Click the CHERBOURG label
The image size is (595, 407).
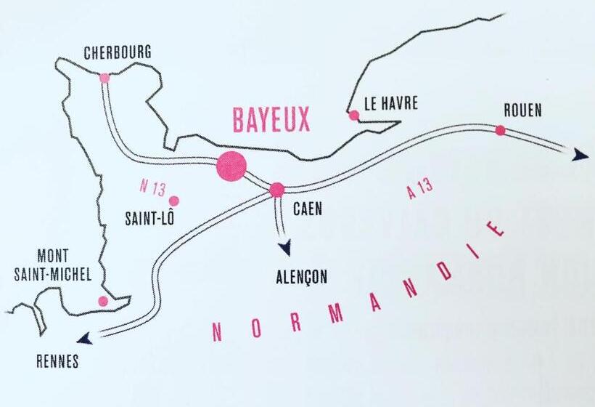coord(118,54)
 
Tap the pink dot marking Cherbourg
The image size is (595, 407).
coord(104,78)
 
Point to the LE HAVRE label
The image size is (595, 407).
coord(391,104)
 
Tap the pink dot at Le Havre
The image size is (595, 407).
coord(353,115)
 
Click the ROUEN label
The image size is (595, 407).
coord(522,110)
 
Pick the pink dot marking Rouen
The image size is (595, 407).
coord(500,131)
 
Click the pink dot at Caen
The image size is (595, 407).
coord(276,190)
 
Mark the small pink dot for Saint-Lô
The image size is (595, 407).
coord(173,201)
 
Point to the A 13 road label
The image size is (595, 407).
coord(419,188)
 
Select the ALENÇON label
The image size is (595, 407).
coord(301,276)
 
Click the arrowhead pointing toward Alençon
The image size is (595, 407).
coord(284,248)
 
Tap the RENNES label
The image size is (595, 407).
coord(57,361)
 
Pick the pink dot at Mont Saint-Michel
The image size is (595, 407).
coord(103,301)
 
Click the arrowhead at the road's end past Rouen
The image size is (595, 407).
coord(579,155)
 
